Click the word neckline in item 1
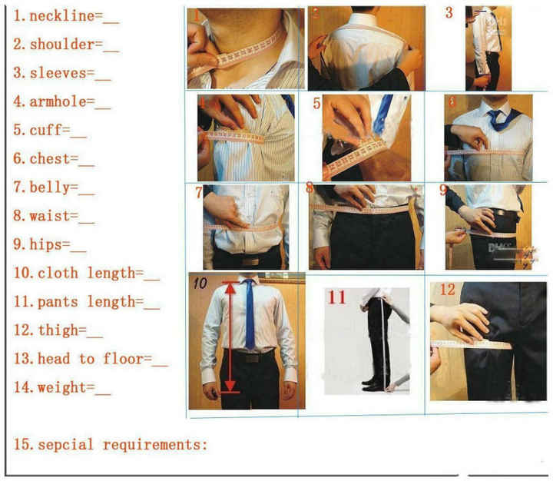point(59,16)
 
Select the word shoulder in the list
point(61,45)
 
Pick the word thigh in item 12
point(61,330)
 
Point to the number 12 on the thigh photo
point(447,290)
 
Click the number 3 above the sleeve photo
point(449,13)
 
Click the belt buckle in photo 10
point(248,357)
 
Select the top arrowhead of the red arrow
point(228,287)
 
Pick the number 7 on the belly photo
point(199,192)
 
